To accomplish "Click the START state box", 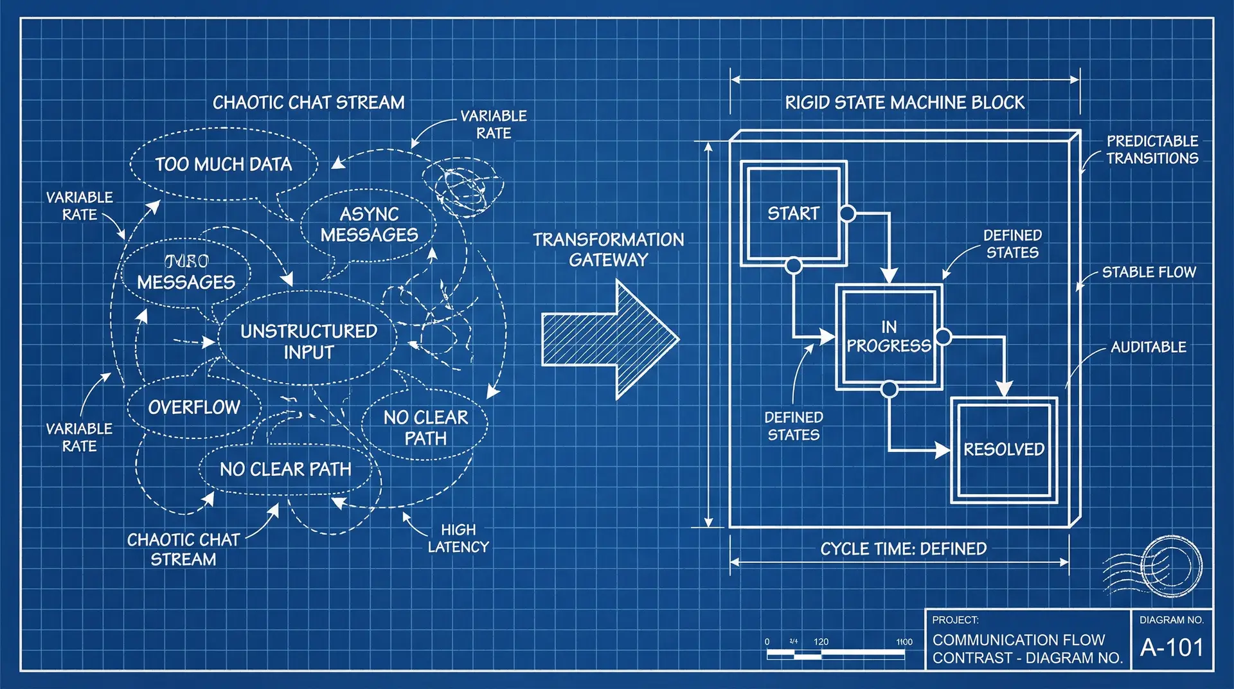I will [794, 213].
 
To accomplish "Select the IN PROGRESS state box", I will [889, 337].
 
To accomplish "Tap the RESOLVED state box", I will [1004, 449].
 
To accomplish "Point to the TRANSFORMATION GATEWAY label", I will [608, 249].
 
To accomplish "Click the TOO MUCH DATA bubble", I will [224, 165].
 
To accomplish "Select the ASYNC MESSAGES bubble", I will [369, 224].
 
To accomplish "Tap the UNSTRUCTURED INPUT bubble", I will [308, 341].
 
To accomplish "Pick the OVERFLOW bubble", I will [194, 407].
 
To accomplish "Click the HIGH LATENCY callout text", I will [458, 538].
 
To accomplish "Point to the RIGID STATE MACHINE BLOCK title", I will [904, 103].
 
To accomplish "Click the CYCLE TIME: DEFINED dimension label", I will [903, 549].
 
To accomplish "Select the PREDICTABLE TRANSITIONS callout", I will [1152, 150].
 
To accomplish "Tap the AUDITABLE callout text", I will [1148, 347].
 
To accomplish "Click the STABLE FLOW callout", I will [1149, 273].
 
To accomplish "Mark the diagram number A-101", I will [1171, 647].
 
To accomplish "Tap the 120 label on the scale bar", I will [821, 641].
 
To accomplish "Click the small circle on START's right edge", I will [848, 213].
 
